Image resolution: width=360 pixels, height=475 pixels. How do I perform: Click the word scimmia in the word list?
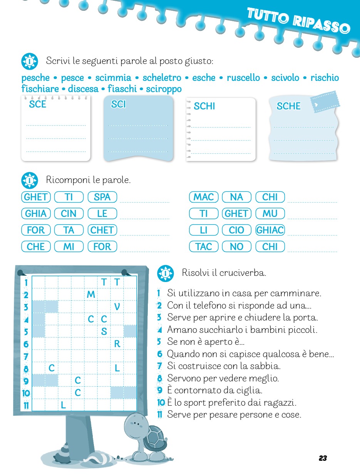pos(113,78)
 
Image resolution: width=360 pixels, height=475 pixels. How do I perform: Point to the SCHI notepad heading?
pos(204,106)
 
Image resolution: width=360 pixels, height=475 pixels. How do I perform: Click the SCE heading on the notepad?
pos(37,104)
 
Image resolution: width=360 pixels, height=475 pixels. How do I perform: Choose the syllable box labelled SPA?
pos(102,197)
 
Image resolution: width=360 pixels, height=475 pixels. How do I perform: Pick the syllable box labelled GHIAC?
pos(270,230)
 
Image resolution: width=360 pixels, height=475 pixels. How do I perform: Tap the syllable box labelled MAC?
pos(204,197)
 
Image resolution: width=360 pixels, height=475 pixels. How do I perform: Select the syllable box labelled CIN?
pos(69,213)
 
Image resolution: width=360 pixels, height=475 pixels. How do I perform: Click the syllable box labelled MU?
pos(270,213)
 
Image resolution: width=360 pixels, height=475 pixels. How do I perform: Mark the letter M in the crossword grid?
pos(91,295)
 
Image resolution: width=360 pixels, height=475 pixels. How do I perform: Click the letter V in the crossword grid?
pos(117,307)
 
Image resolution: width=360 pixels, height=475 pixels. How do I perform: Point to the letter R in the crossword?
pos(117,344)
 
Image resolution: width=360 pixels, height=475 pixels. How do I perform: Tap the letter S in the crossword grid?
pos(104,331)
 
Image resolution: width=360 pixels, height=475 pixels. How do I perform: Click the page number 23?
pos(323,458)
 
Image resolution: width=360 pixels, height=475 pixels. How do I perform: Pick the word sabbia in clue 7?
pos(267,366)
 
